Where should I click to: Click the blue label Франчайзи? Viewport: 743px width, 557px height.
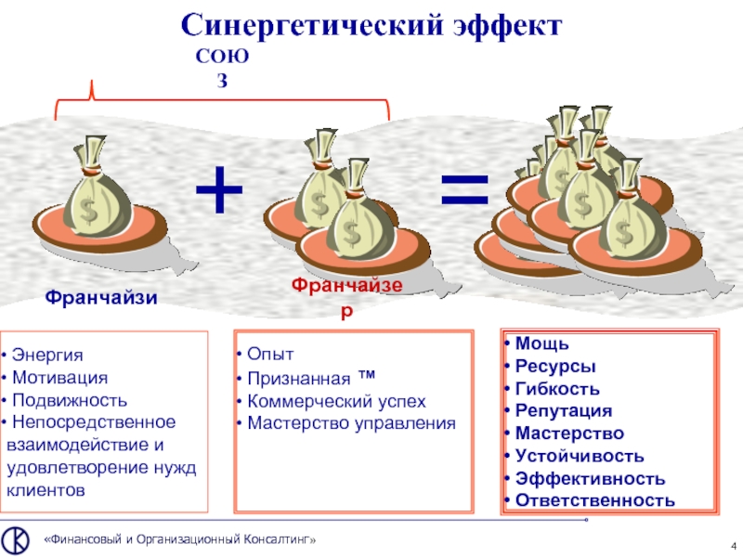click(x=101, y=298)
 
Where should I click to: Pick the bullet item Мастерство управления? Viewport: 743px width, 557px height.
click(x=349, y=423)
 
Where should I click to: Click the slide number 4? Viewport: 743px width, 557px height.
click(x=734, y=543)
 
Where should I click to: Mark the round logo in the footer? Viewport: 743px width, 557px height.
click(x=15, y=539)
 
